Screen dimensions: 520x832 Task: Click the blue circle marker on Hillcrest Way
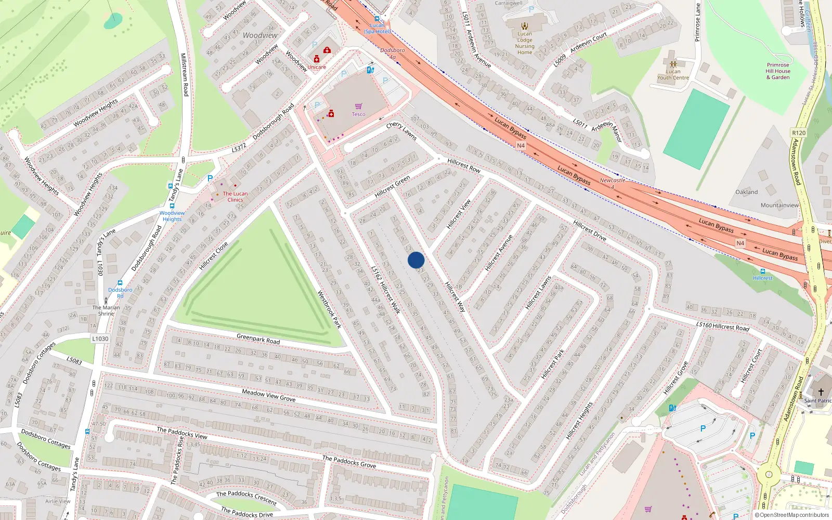[416, 260]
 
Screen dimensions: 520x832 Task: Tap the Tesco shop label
[358, 114]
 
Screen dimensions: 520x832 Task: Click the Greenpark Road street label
[258, 339]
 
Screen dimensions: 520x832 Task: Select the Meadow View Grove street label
[268, 395]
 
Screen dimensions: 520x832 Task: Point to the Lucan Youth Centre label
[673, 75]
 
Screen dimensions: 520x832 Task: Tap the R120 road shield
[799, 133]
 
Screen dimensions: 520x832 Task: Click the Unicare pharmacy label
[317, 67]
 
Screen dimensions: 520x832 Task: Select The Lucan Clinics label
[235, 197]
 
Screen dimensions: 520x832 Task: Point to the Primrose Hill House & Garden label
[778, 71]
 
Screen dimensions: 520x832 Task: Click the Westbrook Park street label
[329, 309]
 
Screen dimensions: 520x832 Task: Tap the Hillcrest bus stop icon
[763, 271]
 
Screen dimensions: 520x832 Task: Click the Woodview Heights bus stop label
[172, 216]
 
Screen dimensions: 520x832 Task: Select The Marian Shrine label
[106, 310]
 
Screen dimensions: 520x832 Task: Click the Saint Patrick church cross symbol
[821, 392]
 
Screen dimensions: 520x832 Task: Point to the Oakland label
[747, 192]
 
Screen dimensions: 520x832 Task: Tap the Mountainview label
[779, 205]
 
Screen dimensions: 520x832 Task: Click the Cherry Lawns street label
[401, 131]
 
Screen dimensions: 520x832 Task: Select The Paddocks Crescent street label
[246, 497]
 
